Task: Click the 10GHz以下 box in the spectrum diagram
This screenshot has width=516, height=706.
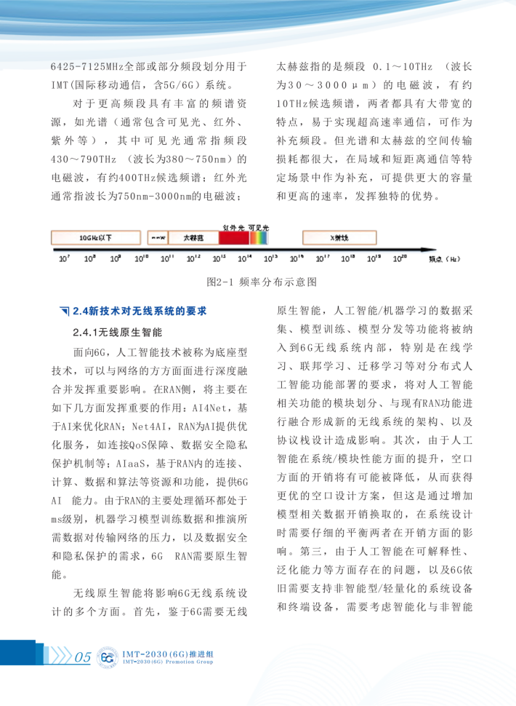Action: click(96, 237)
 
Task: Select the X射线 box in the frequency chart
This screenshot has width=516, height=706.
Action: click(339, 237)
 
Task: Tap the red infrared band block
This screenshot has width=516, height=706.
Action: click(233, 237)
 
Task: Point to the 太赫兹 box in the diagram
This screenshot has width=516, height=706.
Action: click(193, 237)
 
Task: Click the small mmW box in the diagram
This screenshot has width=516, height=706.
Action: click(158, 237)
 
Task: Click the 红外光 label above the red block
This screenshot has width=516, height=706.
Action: click(233, 227)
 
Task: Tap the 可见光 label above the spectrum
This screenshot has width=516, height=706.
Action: click(259, 227)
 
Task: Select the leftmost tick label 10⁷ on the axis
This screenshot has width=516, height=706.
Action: click(64, 258)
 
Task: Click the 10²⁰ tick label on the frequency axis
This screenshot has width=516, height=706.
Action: click(399, 258)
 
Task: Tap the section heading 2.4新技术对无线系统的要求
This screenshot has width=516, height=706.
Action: click(138, 312)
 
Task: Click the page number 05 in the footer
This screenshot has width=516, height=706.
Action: click(82, 658)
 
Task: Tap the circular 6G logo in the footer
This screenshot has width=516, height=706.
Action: click(108, 657)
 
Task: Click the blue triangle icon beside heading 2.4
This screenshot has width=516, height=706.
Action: click(64, 312)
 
